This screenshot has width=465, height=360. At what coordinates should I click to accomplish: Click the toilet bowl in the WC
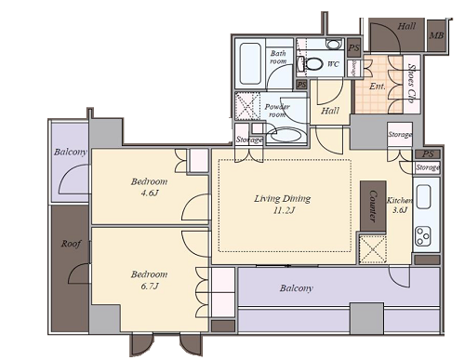313,63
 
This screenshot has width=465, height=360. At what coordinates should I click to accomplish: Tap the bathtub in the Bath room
250,63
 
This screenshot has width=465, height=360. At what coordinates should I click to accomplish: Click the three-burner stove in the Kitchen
423,235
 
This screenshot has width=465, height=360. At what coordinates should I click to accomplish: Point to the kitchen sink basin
424,196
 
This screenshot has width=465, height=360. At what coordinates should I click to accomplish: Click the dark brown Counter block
373,206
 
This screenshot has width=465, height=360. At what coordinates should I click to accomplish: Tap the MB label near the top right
436,35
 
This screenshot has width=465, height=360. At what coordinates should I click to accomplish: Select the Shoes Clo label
411,84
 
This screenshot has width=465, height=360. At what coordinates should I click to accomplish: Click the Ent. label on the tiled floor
378,86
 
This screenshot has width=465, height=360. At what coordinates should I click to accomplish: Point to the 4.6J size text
150,193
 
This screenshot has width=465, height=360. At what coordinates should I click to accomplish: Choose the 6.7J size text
150,286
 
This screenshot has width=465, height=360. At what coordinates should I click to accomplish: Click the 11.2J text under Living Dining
284,210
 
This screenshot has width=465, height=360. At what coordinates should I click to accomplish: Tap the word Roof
71,244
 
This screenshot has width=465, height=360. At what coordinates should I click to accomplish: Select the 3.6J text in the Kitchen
400,210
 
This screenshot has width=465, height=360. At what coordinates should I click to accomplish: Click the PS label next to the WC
353,47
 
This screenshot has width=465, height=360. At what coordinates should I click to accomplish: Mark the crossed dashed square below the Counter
373,249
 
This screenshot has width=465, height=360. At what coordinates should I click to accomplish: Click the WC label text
333,64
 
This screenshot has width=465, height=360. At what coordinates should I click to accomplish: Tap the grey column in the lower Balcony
366,318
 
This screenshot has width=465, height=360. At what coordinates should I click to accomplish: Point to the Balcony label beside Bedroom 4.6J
71,152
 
